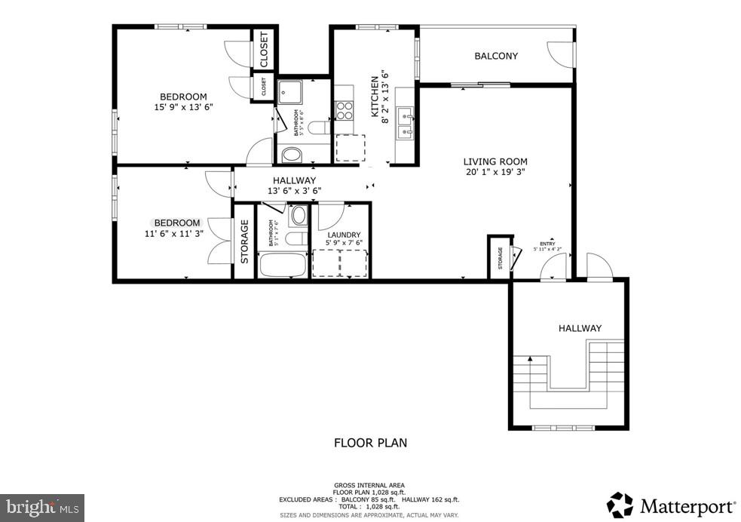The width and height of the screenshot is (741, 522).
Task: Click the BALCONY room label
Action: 495,56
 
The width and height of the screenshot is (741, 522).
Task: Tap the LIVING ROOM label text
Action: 495,161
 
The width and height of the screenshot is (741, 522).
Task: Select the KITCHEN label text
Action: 374,96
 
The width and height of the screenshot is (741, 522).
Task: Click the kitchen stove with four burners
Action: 344,111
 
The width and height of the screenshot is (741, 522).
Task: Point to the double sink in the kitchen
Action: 406,124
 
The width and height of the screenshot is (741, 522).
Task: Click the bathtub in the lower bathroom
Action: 282,266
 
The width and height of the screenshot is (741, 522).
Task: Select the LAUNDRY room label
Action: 343,235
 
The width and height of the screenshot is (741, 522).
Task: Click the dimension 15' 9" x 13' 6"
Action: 182,107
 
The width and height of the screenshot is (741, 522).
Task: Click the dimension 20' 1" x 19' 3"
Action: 495,172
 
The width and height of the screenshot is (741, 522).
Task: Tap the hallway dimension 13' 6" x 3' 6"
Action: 294,191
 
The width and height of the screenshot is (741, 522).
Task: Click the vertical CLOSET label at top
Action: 264,50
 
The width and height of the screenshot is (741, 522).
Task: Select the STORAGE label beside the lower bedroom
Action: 244,241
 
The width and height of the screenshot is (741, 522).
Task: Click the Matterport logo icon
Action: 620,505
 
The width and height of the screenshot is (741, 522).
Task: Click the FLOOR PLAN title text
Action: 370,443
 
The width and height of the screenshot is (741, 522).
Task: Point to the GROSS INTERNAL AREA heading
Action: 369,485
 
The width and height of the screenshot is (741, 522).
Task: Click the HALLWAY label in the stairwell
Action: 580,328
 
